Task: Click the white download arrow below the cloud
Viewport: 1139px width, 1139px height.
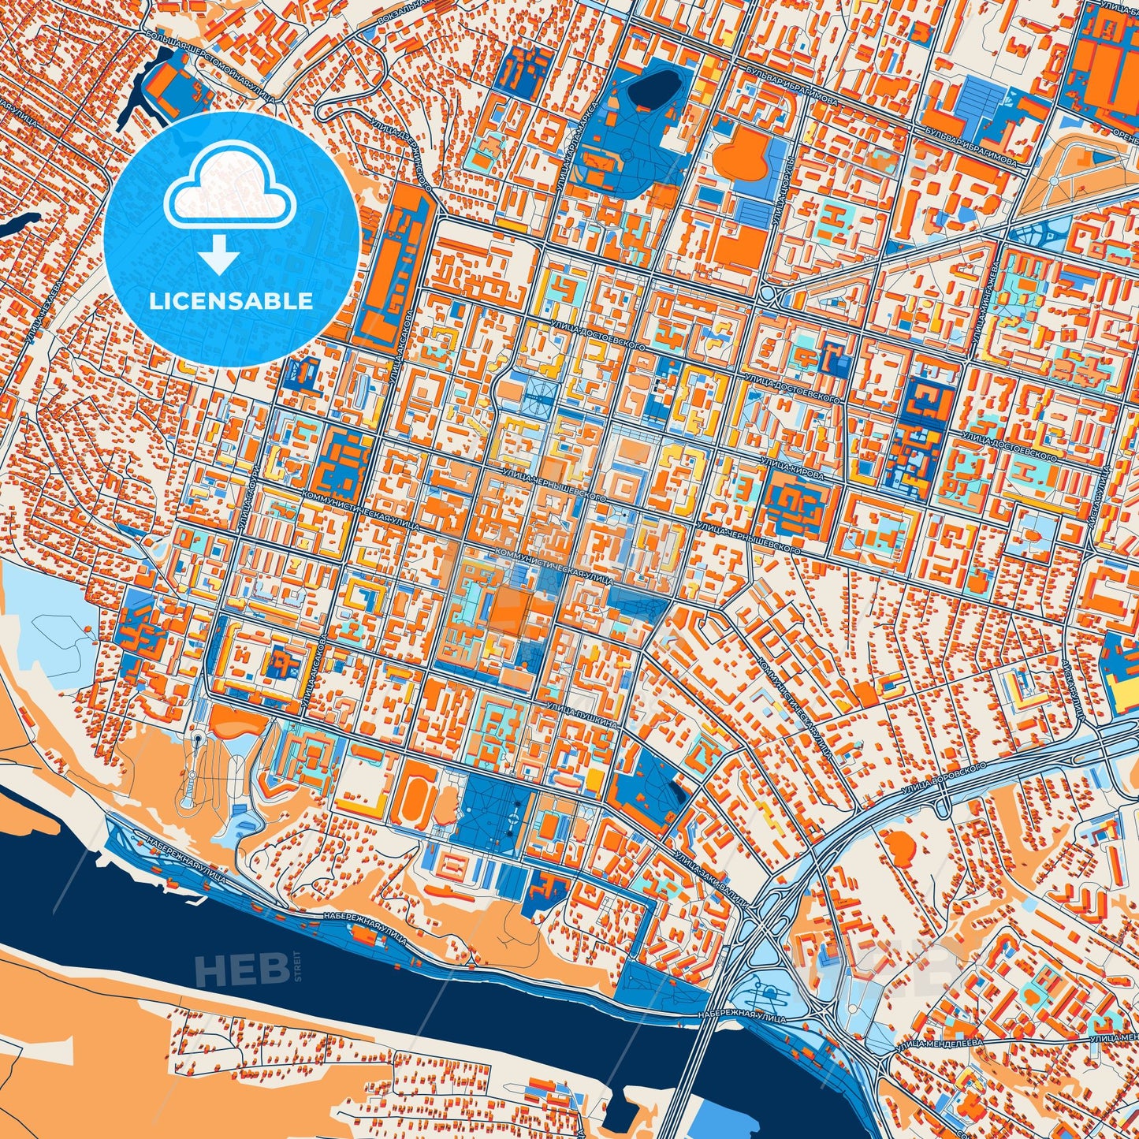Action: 220,254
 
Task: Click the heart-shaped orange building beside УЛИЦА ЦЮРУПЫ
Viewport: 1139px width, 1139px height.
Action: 746,154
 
